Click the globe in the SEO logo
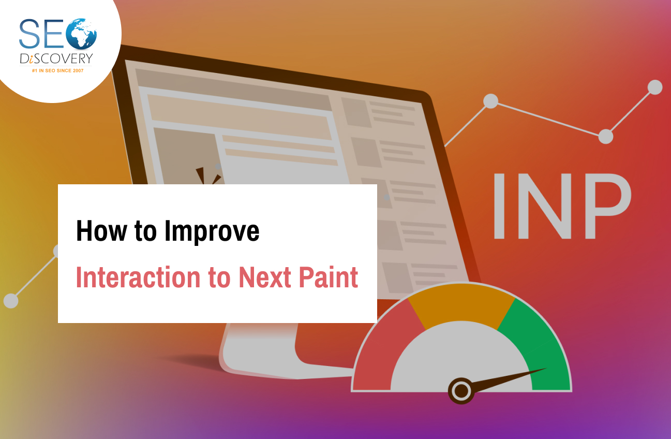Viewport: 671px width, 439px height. (81, 34)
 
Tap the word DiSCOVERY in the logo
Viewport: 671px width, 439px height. (56, 58)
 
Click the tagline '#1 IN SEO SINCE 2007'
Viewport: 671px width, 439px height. (58, 71)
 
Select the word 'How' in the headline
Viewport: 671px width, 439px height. (101, 231)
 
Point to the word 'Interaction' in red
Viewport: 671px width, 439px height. (138, 277)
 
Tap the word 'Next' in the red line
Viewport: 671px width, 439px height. (265, 277)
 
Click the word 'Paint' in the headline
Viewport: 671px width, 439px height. (329, 277)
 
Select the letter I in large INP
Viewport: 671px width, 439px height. (499, 206)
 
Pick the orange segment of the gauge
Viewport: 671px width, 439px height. (461, 304)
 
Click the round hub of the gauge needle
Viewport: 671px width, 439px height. (461, 391)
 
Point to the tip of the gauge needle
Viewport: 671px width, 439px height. (546, 368)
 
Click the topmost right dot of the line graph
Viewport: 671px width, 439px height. (655, 87)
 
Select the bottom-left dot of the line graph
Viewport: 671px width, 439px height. (11, 301)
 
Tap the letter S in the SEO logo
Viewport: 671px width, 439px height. (29, 34)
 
